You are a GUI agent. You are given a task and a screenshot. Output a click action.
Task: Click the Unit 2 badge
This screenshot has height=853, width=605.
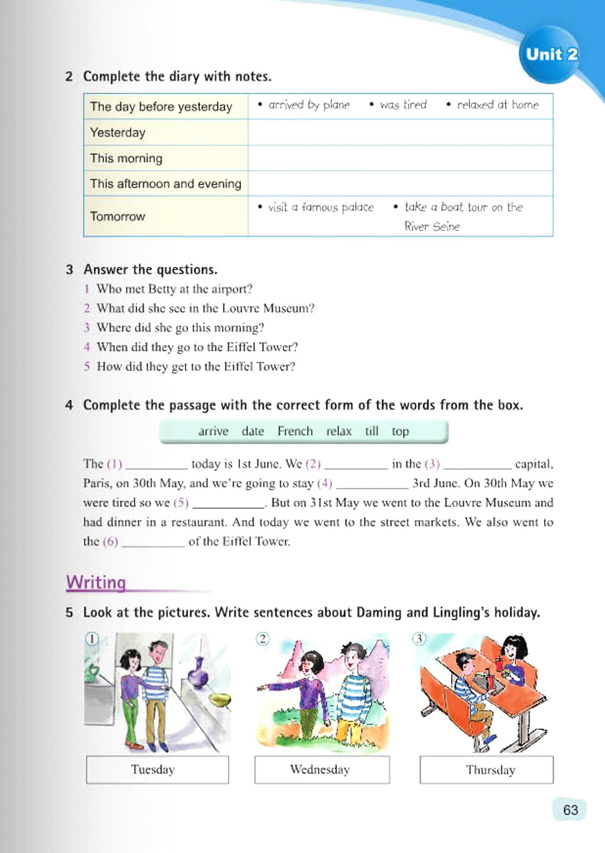[x=551, y=55]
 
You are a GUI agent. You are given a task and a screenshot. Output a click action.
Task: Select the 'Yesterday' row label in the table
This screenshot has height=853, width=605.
[x=118, y=132]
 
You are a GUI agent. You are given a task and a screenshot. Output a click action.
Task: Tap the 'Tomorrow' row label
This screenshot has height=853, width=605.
[x=118, y=216]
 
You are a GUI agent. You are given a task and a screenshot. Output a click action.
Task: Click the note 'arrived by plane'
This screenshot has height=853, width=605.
[x=308, y=105]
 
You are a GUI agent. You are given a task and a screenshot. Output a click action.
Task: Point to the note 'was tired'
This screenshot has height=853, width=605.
[x=403, y=105]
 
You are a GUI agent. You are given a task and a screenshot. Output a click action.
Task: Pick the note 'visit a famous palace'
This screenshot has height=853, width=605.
[x=320, y=207]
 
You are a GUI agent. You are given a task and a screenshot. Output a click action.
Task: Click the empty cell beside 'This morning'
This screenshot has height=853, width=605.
[x=400, y=158]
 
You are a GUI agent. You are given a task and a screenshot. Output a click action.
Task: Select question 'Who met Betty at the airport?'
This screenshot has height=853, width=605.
[x=174, y=289]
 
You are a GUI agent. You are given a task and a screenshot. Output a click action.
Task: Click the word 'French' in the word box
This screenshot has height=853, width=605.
[x=295, y=431]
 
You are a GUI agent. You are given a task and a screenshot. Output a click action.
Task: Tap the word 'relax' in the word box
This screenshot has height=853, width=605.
[x=339, y=431]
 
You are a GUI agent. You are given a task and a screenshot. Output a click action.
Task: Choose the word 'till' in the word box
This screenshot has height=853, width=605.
[x=371, y=431]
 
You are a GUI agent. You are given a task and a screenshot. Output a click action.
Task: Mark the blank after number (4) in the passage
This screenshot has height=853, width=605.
[x=372, y=484]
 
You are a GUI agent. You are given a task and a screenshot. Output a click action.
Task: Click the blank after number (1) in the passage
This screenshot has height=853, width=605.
[x=157, y=465]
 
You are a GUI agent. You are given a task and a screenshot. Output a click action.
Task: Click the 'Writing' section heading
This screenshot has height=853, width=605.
[x=96, y=582]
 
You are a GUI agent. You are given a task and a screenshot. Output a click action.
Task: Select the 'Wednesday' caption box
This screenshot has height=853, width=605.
[x=322, y=770]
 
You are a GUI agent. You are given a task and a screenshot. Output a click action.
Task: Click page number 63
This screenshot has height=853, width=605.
[x=570, y=809]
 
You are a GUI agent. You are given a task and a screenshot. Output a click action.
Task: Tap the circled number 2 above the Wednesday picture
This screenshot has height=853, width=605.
[x=262, y=639]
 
